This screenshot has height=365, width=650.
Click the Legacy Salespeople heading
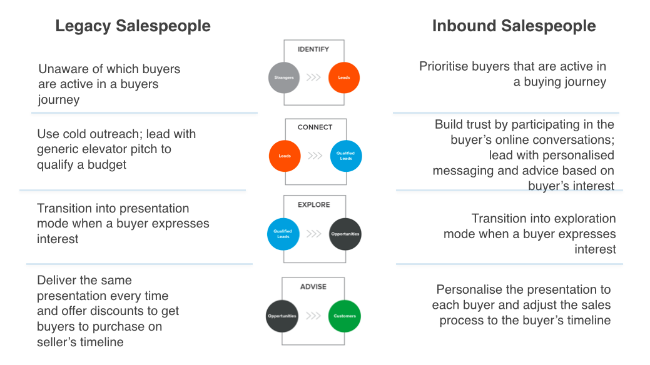[x=133, y=26]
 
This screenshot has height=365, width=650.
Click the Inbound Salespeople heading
[x=514, y=26]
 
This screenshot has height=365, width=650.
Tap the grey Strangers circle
[x=284, y=77]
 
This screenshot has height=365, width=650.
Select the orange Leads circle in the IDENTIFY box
[x=344, y=77]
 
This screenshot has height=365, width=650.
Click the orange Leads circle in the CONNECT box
[x=285, y=156]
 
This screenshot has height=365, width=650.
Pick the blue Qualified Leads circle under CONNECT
[x=346, y=156]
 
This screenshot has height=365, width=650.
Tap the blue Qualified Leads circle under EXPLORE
[x=283, y=234]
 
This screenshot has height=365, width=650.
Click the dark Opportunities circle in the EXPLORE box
[x=345, y=234]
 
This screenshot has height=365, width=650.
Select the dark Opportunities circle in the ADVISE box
[x=282, y=316]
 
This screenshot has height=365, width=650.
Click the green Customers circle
[x=345, y=316]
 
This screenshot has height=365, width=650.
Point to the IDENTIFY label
[x=313, y=49]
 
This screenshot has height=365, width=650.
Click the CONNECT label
[x=315, y=127]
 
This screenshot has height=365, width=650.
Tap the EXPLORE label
[x=314, y=204]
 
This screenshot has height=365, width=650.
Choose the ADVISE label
[x=313, y=287]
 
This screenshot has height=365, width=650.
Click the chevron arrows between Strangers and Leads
[x=314, y=77]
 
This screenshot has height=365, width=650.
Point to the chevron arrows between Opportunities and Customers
[x=313, y=316]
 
